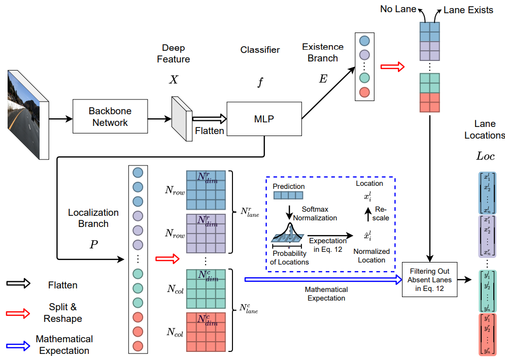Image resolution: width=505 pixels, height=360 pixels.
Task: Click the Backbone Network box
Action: (x=110, y=117)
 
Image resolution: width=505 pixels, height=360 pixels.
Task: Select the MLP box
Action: (x=264, y=118)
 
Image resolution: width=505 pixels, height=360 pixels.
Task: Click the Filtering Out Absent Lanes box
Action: (x=430, y=279)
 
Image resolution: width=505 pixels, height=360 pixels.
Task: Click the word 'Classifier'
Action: (x=260, y=50)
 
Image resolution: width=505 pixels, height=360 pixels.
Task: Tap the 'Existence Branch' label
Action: (x=323, y=53)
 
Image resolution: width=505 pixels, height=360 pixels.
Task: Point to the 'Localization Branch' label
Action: (x=93, y=218)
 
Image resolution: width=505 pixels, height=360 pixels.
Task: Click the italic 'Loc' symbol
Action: (x=485, y=156)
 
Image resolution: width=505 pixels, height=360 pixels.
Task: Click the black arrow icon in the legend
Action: (x=19, y=285)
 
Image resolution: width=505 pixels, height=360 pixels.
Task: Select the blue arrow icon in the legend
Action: (x=19, y=345)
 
